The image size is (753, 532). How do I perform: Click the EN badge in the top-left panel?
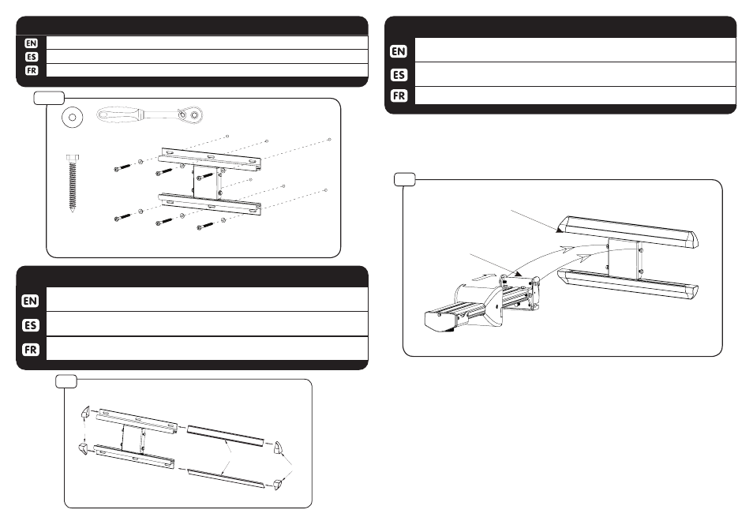tap(32, 43)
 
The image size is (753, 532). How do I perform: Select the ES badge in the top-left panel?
tap(32, 57)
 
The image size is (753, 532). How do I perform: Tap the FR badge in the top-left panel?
tap(32, 70)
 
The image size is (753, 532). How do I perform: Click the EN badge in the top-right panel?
tap(399, 51)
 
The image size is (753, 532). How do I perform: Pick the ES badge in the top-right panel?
tap(399, 75)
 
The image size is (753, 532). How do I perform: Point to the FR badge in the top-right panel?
tap(399, 96)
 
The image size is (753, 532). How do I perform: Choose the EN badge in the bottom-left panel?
tap(30, 301)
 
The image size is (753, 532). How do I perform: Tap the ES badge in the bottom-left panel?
tap(30, 325)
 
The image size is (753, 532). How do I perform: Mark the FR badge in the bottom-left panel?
tap(30, 350)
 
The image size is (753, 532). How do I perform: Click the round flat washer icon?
tap(73, 117)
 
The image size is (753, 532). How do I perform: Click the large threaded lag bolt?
tap(73, 183)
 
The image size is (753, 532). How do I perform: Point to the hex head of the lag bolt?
tap(73, 158)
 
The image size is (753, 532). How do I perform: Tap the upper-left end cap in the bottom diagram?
tap(85, 411)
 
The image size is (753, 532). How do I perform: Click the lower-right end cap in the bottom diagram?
tap(279, 484)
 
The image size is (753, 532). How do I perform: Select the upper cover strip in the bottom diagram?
tap(225, 435)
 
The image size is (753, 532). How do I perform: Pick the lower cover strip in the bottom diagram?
tap(225, 478)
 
